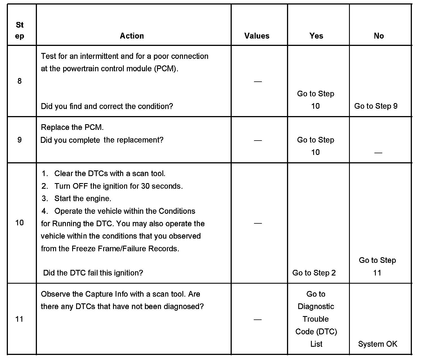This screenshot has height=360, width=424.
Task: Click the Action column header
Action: click(132, 36)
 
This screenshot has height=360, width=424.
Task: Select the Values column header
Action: click(257, 36)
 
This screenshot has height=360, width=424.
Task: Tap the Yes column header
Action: click(316, 36)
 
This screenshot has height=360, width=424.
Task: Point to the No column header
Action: click(379, 36)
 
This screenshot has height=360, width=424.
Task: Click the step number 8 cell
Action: click(19, 81)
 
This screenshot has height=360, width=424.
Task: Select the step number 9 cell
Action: click(19, 140)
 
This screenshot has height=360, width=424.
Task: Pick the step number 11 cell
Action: click(19, 319)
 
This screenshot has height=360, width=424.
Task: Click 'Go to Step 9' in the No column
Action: click(376, 106)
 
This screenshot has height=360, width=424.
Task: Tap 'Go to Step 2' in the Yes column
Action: click(314, 273)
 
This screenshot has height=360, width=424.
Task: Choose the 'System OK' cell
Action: click(377, 344)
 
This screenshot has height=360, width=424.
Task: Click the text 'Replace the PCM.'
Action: click(72, 127)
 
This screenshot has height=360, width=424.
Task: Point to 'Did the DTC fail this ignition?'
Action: click(93, 273)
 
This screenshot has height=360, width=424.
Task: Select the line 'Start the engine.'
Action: click(83, 199)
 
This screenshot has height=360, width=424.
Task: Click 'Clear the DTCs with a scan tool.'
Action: click(110, 174)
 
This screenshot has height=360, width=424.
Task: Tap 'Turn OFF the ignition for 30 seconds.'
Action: click(118, 186)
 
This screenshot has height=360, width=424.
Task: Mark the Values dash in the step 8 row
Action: click(258, 82)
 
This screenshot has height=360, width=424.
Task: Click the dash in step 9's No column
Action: click(378, 153)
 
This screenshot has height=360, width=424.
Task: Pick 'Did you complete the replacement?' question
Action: click(102, 140)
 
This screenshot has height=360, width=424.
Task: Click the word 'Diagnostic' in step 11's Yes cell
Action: click(316, 306)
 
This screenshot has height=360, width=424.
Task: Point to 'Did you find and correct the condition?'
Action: click(107, 106)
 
